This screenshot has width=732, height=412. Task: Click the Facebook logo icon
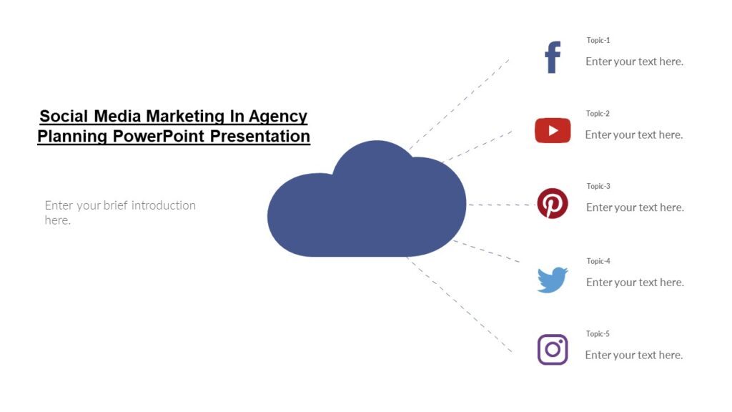click(553, 57)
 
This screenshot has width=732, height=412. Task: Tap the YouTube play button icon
click(553, 130)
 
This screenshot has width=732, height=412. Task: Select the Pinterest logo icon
click(553, 203)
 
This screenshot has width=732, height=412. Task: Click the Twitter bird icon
click(553, 280)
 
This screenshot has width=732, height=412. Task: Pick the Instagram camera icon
click(553, 350)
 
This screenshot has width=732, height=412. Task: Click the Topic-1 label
click(598, 40)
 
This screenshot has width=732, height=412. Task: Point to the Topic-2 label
click(598, 113)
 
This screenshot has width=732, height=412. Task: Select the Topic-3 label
click(598, 186)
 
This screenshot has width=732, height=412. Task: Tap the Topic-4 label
click(598, 261)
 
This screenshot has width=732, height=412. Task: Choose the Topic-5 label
click(598, 333)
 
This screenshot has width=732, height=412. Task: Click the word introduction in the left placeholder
click(163, 205)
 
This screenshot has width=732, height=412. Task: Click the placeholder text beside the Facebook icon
click(634, 62)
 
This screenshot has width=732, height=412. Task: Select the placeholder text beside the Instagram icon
click(634, 355)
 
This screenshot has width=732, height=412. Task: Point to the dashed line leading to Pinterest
click(500, 205)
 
